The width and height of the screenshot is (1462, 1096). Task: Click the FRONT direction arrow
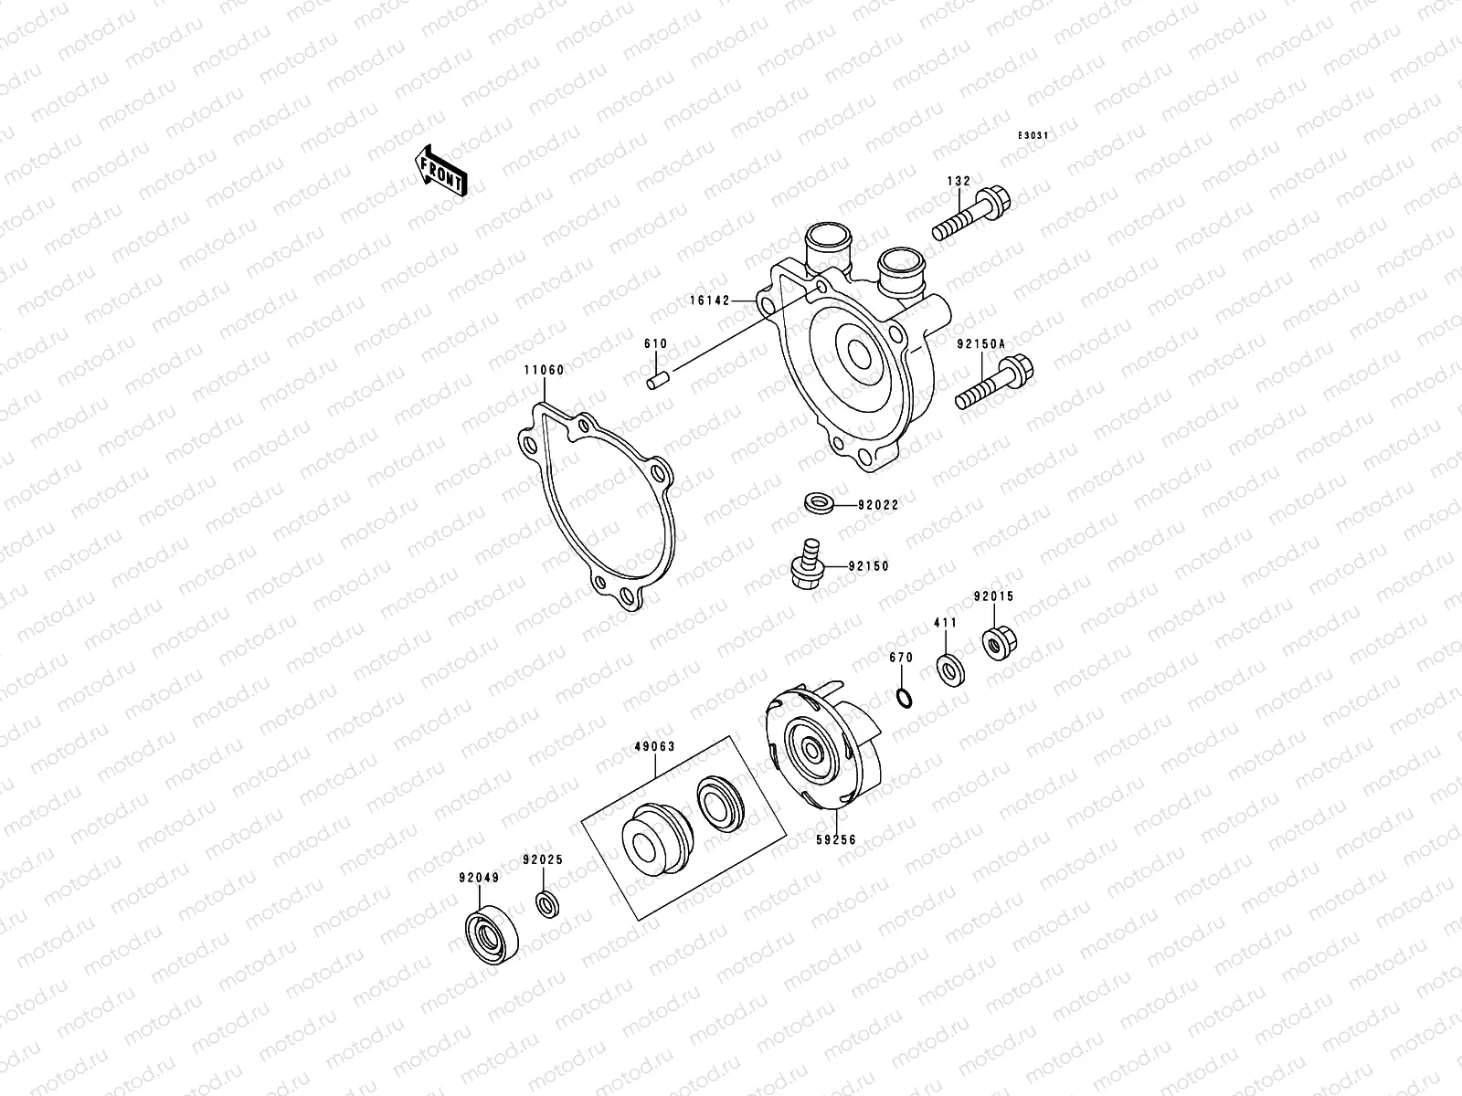pos(442,171)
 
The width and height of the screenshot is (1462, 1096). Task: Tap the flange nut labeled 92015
pos(994,642)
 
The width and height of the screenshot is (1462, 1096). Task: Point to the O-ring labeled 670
pos(902,699)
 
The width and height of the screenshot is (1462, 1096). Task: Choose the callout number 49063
pos(654,746)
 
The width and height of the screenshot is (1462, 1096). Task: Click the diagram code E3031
pos(1035,135)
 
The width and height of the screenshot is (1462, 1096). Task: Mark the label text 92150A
pos(980,344)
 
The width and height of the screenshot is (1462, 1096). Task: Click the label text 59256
pos(836,838)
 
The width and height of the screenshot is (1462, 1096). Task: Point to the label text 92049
pos(479,878)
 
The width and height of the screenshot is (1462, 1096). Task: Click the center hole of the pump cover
pos(860,353)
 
